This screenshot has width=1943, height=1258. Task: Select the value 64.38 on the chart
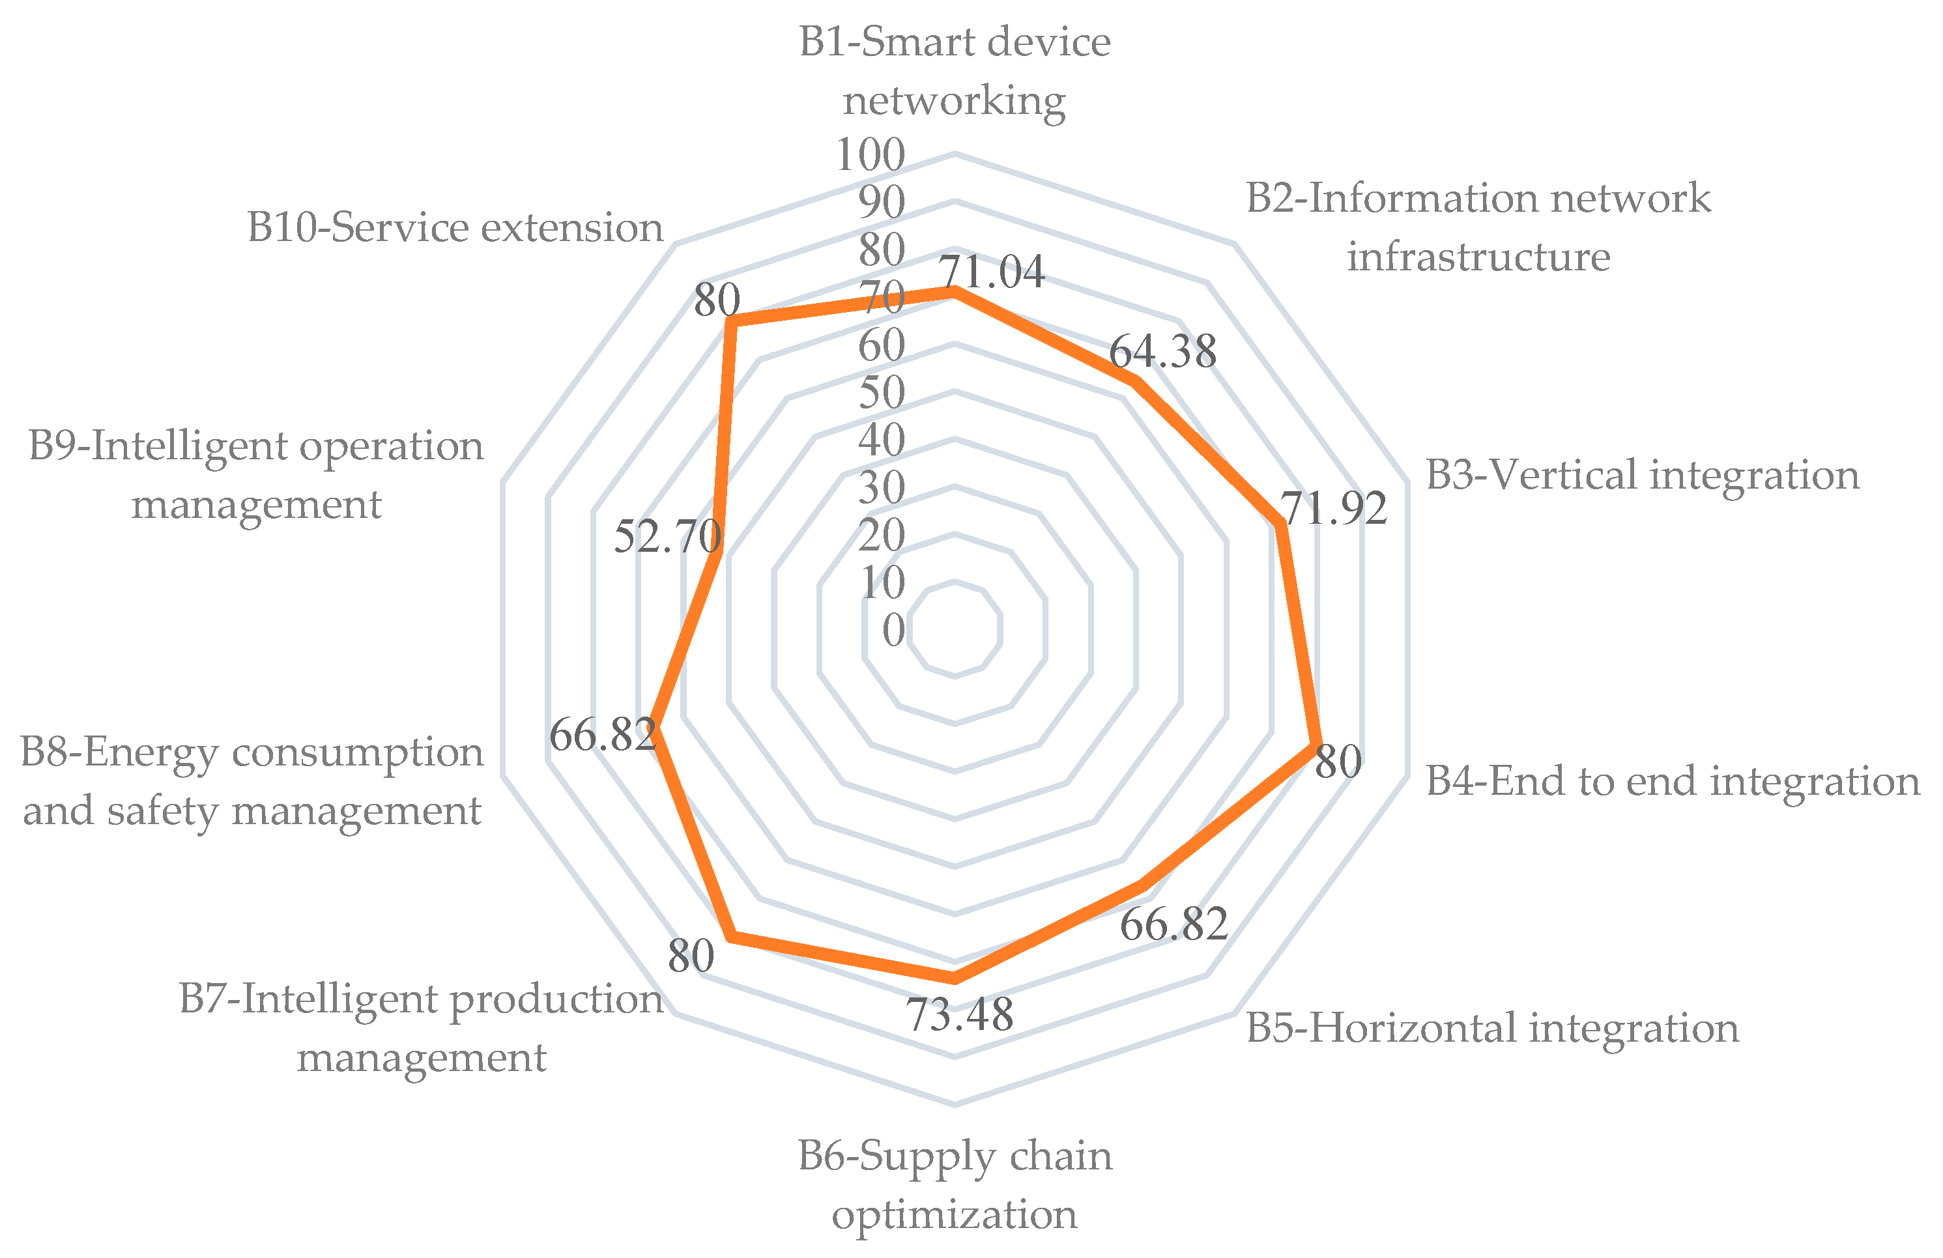click(x=1162, y=352)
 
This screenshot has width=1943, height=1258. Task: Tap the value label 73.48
click(x=960, y=1015)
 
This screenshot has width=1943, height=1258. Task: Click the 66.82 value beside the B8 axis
click(x=603, y=735)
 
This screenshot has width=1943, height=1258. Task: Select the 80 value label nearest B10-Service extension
click(x=717, y=300)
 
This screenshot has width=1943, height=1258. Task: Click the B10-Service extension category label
click(x=455, y=227)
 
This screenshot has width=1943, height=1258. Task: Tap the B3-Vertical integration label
click(x=1643, y=475)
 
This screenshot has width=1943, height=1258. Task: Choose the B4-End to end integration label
click(x=1673, y=780)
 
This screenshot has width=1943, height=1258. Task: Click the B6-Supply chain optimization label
click(x=955, y=1184)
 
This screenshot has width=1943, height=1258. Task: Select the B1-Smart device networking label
click(x=955, y=71)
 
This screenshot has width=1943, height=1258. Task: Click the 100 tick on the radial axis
click(x=871, y=154)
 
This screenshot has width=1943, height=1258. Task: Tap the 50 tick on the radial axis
click(x=882, y=393)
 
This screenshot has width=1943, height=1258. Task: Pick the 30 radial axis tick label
click(x=882, y=488)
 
